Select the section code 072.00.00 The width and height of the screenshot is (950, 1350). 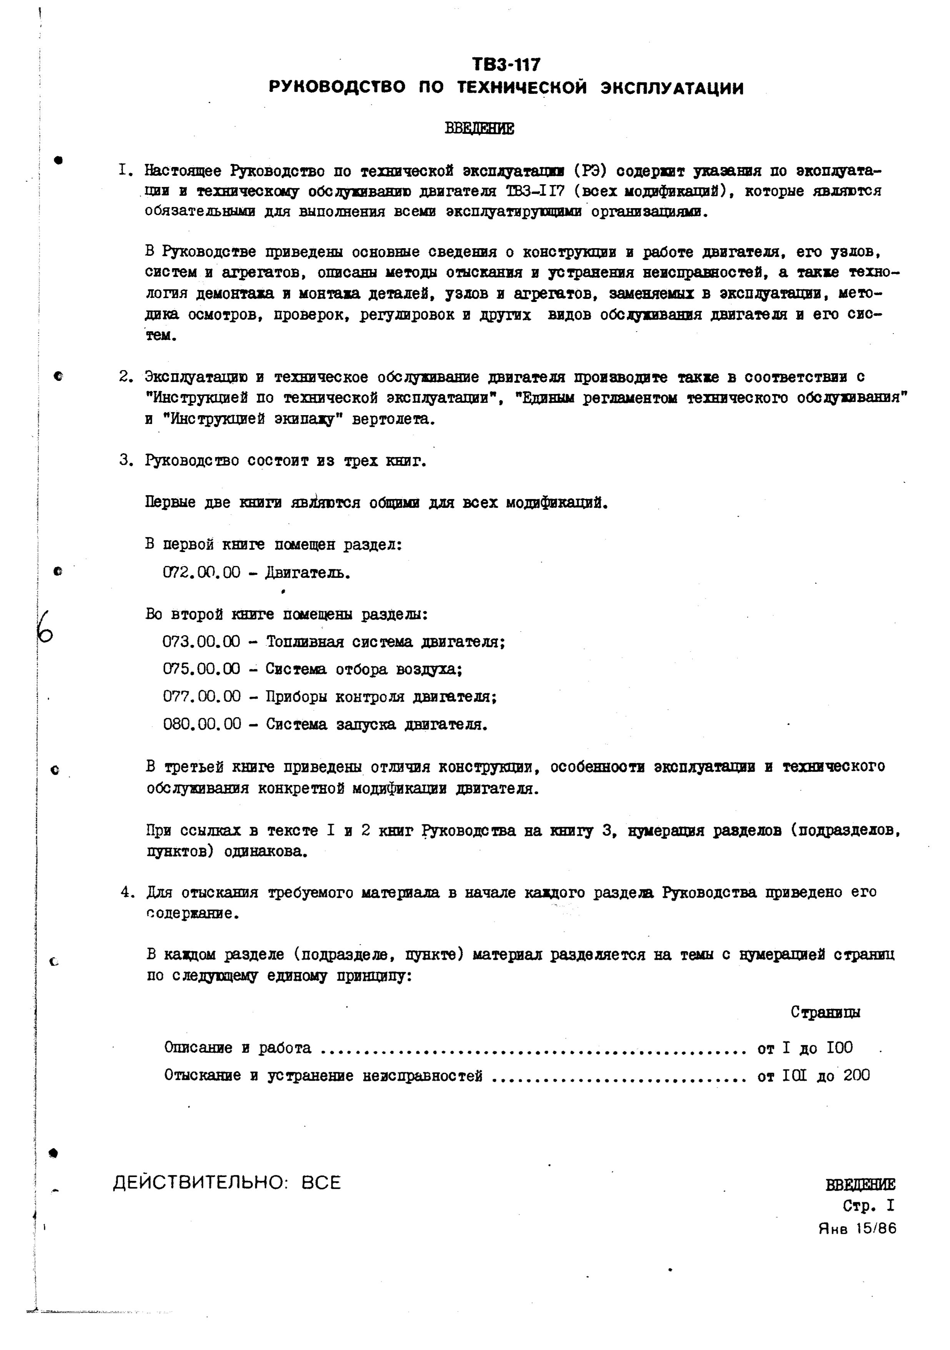(x=201, y=572)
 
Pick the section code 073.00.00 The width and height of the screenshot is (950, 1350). (x=201, y=641)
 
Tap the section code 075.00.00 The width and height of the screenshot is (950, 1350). (x=201, y=669)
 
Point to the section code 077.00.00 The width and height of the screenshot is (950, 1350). (x=201, y=697)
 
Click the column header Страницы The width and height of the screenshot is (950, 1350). (x=825, y=1012)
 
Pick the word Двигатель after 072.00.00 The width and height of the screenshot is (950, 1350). (x=308, y=572)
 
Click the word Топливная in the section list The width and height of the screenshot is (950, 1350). (x=304, y=641)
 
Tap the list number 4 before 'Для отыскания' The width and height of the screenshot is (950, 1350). (x=125, y=892)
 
